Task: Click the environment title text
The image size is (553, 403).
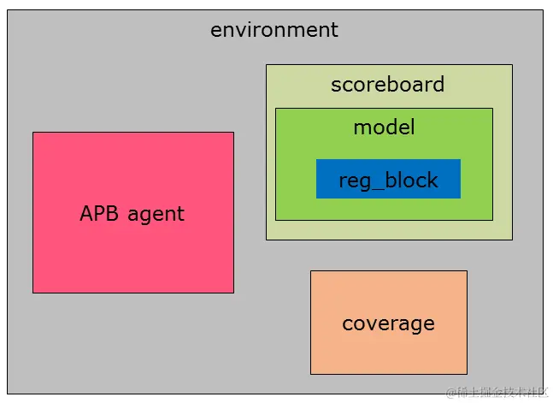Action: coord(274,30)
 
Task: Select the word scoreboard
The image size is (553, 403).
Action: coord(387,85)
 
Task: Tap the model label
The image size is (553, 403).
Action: coord(384,127)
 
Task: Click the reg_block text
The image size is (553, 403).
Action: coord(388,181)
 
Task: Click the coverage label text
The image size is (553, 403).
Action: coord(388,323)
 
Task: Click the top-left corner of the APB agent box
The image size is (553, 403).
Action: coord(33,133)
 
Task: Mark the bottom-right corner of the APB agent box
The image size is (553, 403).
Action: coord(233,293)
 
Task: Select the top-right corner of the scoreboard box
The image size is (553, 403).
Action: coord(512,65)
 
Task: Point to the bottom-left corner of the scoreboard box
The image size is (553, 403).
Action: coord(267,240)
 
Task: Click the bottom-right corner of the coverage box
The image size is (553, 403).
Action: coord(467,374)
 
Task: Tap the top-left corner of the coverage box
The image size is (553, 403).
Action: coord(311,271)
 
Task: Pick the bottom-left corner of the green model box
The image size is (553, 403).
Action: coord(276,220)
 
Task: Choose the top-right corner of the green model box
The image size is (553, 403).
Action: coord(492,109)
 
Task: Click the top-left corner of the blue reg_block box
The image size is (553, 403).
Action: coord(317,160)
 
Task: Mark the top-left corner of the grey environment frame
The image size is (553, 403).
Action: coord(8,10)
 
